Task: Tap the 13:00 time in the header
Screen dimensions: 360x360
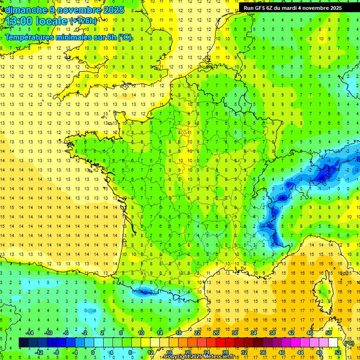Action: point(20,22)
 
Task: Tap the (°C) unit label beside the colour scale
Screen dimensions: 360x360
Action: point(349,343)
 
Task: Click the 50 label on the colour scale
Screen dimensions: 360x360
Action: point(329,332)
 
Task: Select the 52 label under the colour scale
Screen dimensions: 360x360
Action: point(338,352)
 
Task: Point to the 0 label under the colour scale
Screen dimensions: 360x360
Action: point(93,352)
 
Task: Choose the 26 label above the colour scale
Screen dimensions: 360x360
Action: point(216,332)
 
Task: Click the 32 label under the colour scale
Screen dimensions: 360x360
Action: point(244,352)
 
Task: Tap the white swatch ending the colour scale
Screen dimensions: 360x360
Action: point(333,343)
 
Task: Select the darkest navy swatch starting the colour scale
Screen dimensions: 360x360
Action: point(24,343)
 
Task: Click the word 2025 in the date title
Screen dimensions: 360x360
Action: point(112,10)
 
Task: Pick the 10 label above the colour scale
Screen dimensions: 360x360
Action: point(141,332)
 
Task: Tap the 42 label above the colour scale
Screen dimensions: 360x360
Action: point(291,332)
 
